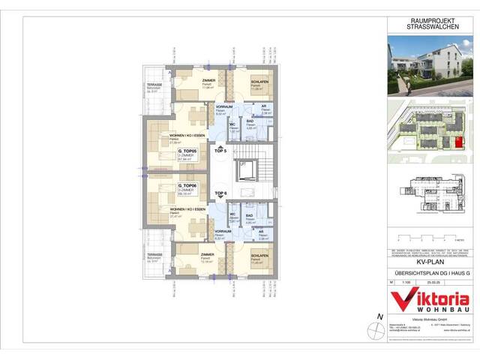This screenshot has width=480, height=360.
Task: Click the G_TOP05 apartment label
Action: pyautogui.click(x=187, y=150)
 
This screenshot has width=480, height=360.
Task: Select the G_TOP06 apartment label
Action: pyautogui.click(x=187, y=184)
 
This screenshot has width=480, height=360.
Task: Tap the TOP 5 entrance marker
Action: pyautogui.click(x=220, y=151)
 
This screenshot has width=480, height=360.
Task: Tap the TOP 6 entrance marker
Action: pyautogui.click(x=220, y=193)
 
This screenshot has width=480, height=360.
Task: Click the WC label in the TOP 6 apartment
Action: pyautogui.click(x=233, y=214)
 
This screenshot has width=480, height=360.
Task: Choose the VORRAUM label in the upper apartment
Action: pyautogui.click(x=223, y=107)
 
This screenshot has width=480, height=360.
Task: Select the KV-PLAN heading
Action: pyautogui.click(x=430, y=264)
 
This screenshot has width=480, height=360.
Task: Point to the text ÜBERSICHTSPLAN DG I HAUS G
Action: pyautogui.click(x=430, y=275)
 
